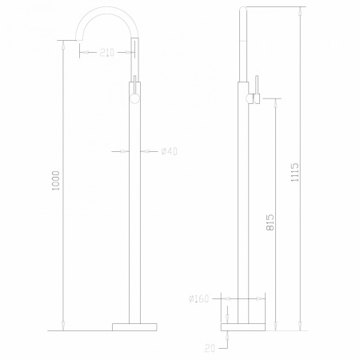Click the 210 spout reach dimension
(106, 53)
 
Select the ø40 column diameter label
(169, 152)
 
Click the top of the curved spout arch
(109, 10)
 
